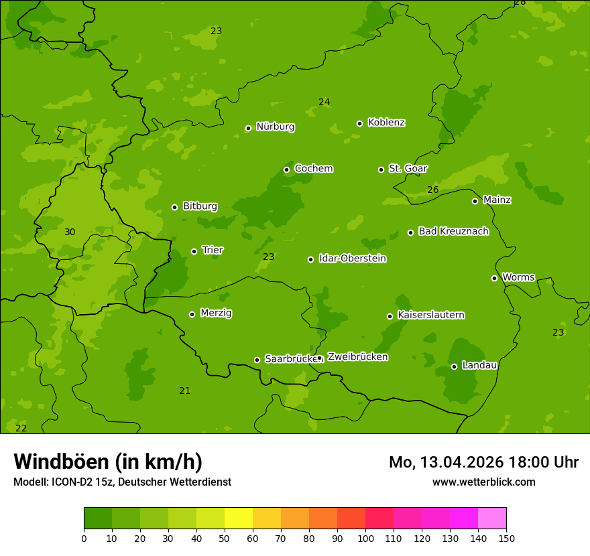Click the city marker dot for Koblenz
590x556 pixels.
click(359, 123)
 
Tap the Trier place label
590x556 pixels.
click(213, 250)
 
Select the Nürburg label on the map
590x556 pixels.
click(275, 127)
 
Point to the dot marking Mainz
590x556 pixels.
click(475, 201)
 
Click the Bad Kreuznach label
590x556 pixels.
click(453, 231)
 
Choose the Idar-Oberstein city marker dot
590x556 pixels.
click(310, 259)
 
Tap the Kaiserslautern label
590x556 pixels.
click(430, 315)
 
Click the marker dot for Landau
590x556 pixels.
click(454, 366)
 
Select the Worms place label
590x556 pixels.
click(518, 277)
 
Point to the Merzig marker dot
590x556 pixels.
click(192, 314)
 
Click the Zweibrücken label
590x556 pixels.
click(357, 357)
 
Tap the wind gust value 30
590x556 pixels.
click(70, 232)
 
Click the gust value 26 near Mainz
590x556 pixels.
click(433, 190)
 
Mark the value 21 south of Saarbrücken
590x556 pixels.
click(185, 391)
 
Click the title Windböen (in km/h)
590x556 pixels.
click(108, 462)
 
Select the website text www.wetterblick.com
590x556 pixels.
click(483, 482)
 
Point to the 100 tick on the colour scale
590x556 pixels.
click(365, 538)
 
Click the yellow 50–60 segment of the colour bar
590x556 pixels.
click(239, 518)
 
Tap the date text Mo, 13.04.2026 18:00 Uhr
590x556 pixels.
click(483, 462)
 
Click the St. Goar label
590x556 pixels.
click(408, 168)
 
